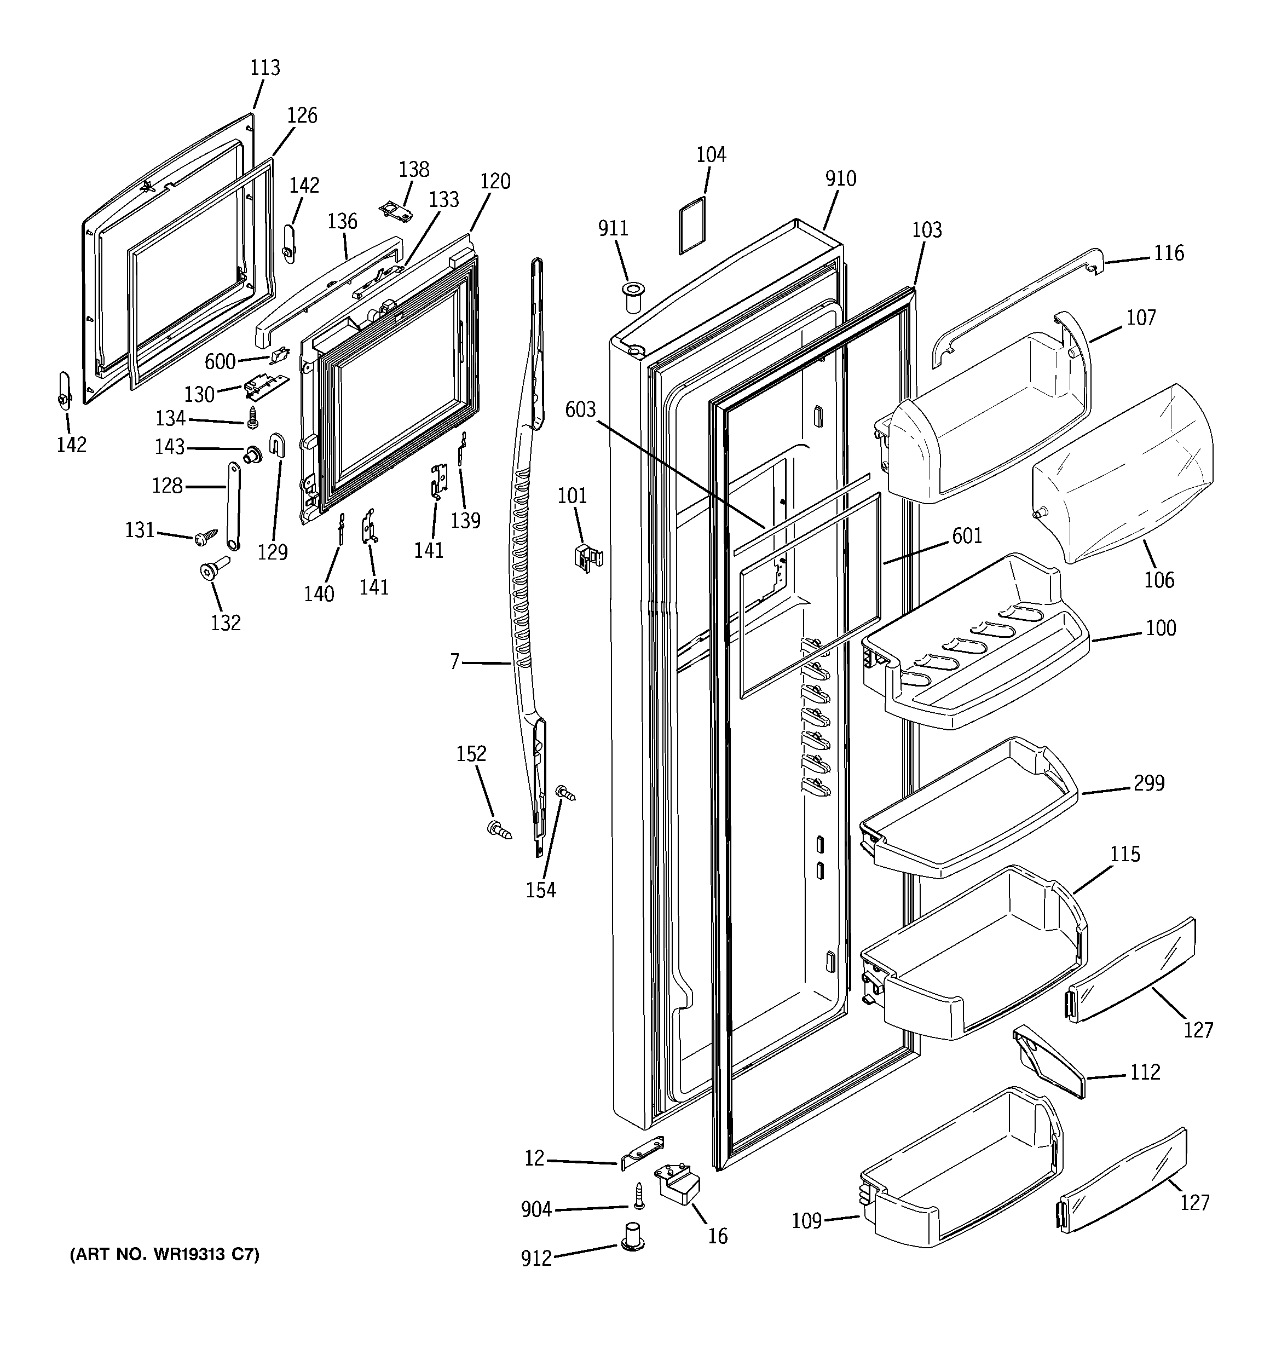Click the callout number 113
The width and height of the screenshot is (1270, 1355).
tap(264, 67)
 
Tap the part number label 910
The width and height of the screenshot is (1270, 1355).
tap(840, 178)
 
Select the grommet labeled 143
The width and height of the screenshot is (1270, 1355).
tap(253, 453)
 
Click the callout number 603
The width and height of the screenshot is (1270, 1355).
tap(580, 410)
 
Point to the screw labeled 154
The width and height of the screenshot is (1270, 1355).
tap(566, 793)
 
